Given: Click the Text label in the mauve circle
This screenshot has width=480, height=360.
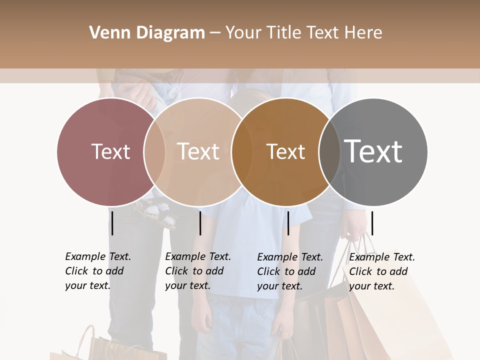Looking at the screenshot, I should [110, 151].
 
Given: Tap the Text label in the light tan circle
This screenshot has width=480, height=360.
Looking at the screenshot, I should [198, 151].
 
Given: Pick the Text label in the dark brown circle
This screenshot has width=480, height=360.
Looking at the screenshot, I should [285, 151].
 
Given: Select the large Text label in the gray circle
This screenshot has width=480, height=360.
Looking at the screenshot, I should [373, 151].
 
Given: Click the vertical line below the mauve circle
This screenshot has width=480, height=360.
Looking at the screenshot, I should [112, 223].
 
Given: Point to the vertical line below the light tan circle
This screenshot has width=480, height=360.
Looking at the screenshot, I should [200, 223].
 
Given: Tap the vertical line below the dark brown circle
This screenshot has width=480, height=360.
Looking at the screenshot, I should [288, 223].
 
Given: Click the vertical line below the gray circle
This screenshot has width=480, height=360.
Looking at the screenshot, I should [372, 223].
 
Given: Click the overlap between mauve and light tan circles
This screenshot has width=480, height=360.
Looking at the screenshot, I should [154, 151].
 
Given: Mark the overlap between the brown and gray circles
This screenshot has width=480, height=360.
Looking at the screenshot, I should [329, 151].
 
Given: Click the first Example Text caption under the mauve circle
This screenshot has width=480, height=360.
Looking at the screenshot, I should [97, 271].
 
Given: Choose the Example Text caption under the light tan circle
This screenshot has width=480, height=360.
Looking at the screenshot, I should [197, 271].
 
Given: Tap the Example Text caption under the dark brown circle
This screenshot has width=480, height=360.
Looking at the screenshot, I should [289, 271].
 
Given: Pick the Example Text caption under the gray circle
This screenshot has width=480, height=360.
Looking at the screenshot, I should [381, 271].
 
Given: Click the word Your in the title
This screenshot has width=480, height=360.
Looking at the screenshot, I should [243, 33].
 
